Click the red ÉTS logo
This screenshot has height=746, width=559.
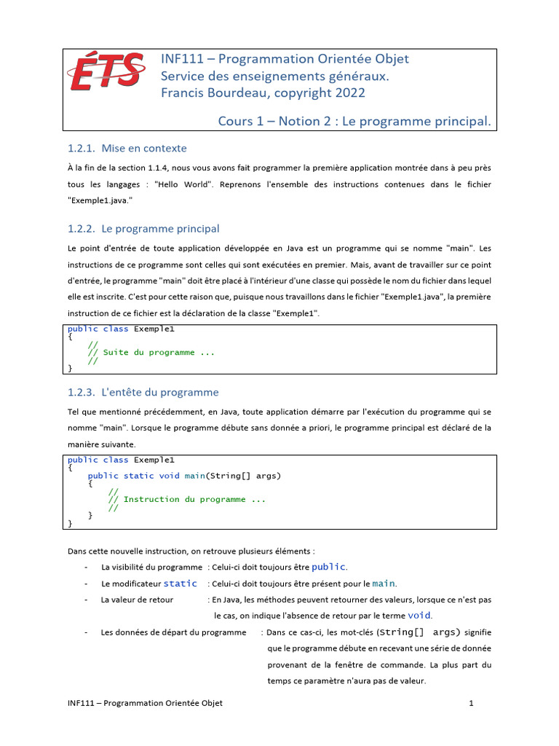[x=106, y=76]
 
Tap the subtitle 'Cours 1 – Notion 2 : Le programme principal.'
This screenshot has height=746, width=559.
[x=354, y=120]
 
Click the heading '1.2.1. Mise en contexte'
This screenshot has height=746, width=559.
[x=127, y=149]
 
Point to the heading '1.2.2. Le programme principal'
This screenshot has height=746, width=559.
[x=143, y=229]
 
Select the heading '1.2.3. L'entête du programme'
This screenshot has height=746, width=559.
[x=143, y=392]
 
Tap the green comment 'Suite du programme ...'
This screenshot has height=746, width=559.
[x=159, y=353]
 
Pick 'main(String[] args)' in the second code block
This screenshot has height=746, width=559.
[x=232, y=476]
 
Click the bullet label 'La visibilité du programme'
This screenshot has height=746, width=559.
[x=151, y=567]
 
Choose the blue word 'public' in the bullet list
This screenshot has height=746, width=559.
[x=329, y=567]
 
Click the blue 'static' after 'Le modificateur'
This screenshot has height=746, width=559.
[x=180, y=584]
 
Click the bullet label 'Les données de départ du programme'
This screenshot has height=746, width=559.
[x=173, y=632]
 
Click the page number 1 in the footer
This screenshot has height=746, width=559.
[x=472, y=703]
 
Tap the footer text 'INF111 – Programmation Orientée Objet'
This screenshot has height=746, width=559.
[x=145, y=703]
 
